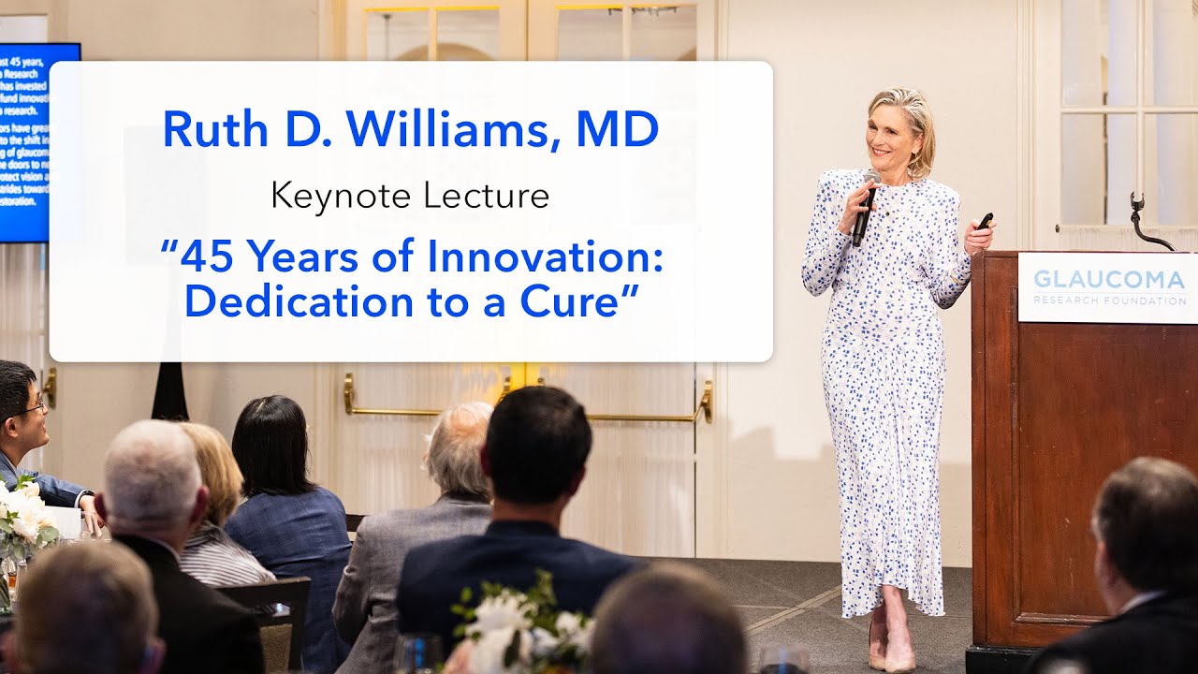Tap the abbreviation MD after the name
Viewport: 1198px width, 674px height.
[x=617, y=129]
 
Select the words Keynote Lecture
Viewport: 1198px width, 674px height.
[x=410, y=196]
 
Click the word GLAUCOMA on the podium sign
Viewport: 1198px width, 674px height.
[x=1109, y=279]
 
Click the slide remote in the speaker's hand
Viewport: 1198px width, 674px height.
[x=984, y=222]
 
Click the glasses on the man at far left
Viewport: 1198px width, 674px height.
[x=28, y=407]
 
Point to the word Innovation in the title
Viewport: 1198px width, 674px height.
[x=547, y=256]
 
